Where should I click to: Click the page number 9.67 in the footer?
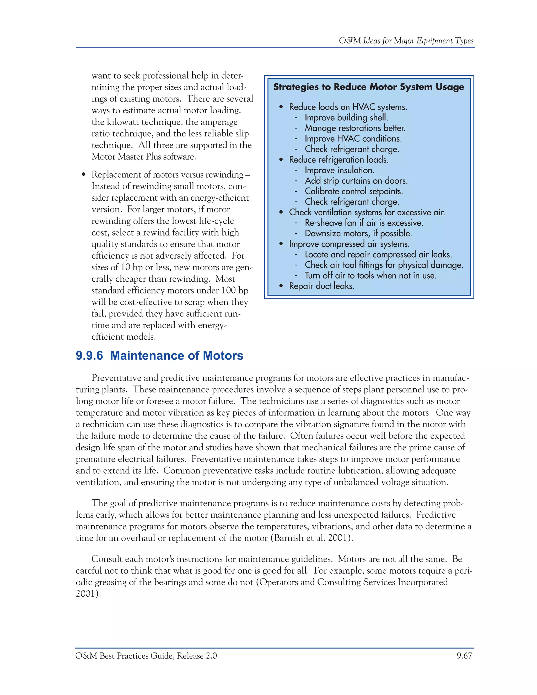pyautogui.click(x=464, y=656)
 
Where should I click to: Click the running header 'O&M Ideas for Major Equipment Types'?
pyautogui.click(x=406, y=41)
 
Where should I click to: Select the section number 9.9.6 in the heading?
pyautogui.click(x=89, y=355)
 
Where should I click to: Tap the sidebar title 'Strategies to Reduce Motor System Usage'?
pyautogui.click(x=369, y=87)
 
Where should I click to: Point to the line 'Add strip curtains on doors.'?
pyautogui.click(x=356, y=181)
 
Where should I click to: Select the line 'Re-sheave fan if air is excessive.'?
pyautogui.click(x=364, y=223)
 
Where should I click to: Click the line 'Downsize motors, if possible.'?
pyautogui.click(x=358, y=233)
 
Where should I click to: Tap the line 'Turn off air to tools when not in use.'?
pyautogui.click(x=370, y=276)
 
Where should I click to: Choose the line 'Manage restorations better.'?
pyautogui.click(x=355, y=128)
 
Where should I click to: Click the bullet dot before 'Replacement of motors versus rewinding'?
pyautogui.click(x=84, y=175)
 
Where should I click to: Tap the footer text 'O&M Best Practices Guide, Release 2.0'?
pyautogui.click(x=146, y=656)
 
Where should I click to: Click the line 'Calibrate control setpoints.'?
pyautogui.click(x=354, y=191)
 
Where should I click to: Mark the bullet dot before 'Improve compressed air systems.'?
pyautogui.click(x=281, y=244)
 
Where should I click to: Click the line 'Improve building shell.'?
pyautogui.click(x=346, y=117)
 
